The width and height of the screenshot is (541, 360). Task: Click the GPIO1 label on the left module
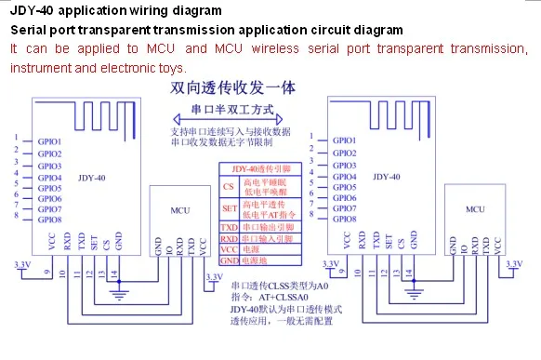[49, 142]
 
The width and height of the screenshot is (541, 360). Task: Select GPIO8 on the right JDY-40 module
[344, 220]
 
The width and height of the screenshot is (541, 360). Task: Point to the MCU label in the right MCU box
[474, 210]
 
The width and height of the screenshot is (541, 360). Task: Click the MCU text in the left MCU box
[179, 210]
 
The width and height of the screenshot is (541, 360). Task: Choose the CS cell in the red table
[229, 187]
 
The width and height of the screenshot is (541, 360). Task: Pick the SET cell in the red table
[229, 209]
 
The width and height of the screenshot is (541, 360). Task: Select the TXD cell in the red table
[229, 227]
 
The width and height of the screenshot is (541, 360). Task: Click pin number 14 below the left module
[112, 274]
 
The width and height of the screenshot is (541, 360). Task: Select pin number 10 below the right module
[356, 274]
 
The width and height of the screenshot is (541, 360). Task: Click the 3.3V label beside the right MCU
[510, 265]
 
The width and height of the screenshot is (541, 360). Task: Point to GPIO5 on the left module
[49, 187]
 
